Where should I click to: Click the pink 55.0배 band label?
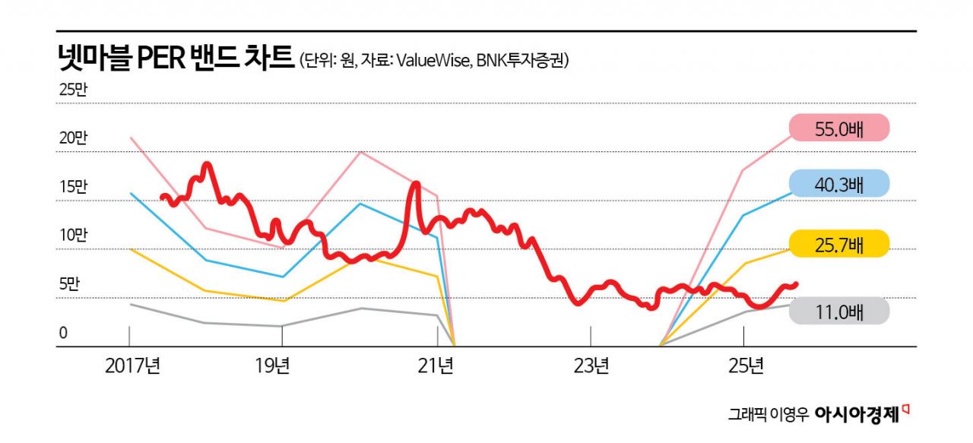[838, 128]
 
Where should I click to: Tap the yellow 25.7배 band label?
[838, 245]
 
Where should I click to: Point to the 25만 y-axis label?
[74, 89]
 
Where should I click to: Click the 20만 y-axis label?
[74, 138]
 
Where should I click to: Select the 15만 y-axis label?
[74, 187]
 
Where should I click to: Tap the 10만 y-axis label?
[74, 236]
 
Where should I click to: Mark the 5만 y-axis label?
[69, 284]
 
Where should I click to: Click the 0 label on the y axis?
[64, 333]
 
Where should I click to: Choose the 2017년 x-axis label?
[132, 367]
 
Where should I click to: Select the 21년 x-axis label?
[436, 367]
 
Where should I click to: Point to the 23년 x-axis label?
[591, 367]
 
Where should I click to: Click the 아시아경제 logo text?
[857, 414]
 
